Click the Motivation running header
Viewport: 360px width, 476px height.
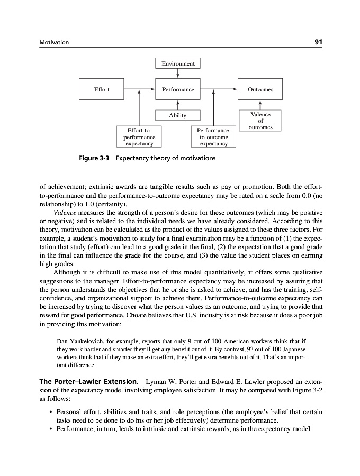pos(54,42)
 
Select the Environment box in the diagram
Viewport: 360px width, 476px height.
pos(178,63)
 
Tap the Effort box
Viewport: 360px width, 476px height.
pos(102,89)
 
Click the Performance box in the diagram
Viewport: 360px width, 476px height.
pos(178,89)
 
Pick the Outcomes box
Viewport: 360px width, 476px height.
pos(260,89)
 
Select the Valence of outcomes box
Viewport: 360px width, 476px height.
pos(260,121)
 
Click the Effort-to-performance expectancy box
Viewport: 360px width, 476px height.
pos(138,136)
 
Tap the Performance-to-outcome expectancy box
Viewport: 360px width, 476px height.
pos(212,136)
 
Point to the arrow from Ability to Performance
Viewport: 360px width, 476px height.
pos(178,105)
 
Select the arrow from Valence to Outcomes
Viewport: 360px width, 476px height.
pos(260,105)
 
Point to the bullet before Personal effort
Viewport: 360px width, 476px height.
pos(49,411)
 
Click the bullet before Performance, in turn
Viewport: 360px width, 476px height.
pos(49,429)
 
